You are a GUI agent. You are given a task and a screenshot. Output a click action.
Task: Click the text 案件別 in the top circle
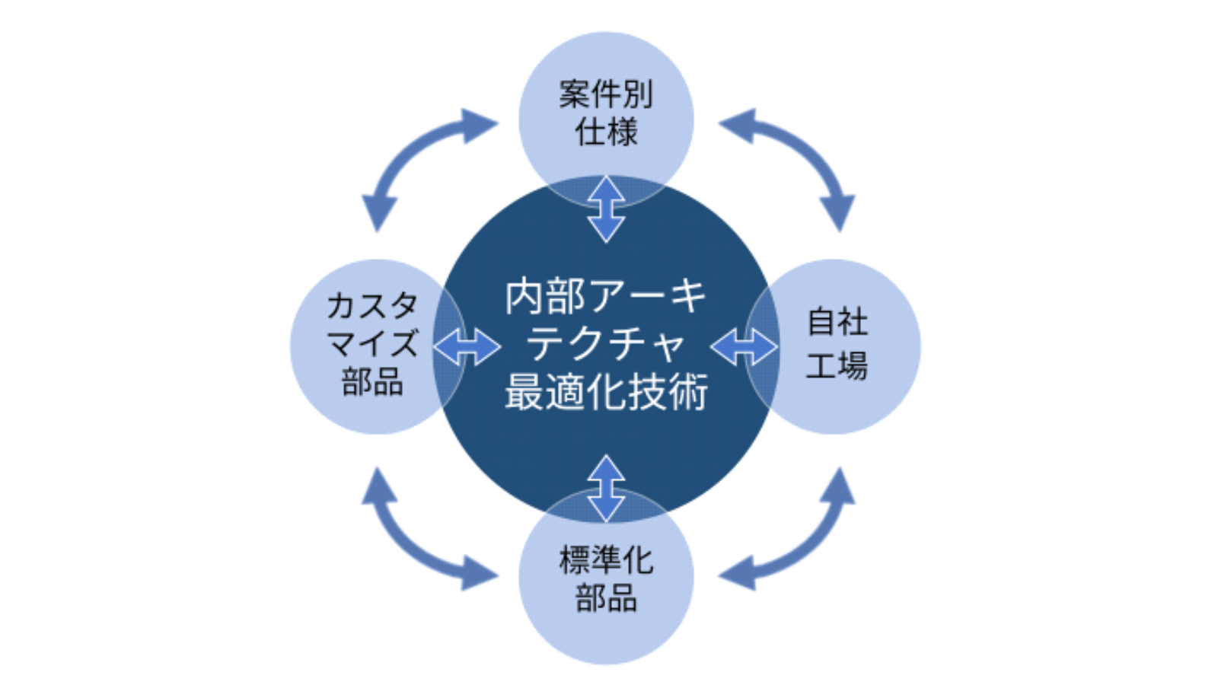606,94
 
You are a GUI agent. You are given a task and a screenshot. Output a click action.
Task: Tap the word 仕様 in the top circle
606,132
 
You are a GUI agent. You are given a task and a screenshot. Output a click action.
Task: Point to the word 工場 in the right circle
837,365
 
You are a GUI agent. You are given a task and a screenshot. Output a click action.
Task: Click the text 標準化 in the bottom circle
606,560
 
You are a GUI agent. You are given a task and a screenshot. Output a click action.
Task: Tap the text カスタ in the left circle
373,305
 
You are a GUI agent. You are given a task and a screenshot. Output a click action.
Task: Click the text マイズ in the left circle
373,342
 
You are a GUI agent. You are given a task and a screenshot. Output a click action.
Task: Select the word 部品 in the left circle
373,381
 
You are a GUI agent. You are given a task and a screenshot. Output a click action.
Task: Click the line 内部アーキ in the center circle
606,297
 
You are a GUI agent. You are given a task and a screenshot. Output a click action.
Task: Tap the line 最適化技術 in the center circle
606,391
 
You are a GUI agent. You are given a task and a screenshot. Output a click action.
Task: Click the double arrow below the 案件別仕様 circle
606,209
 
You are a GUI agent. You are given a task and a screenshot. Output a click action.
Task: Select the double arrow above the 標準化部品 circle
606,489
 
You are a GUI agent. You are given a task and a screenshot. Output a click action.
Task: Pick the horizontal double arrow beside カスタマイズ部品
467,346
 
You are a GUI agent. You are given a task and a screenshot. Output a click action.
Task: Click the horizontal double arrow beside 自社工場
745,346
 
